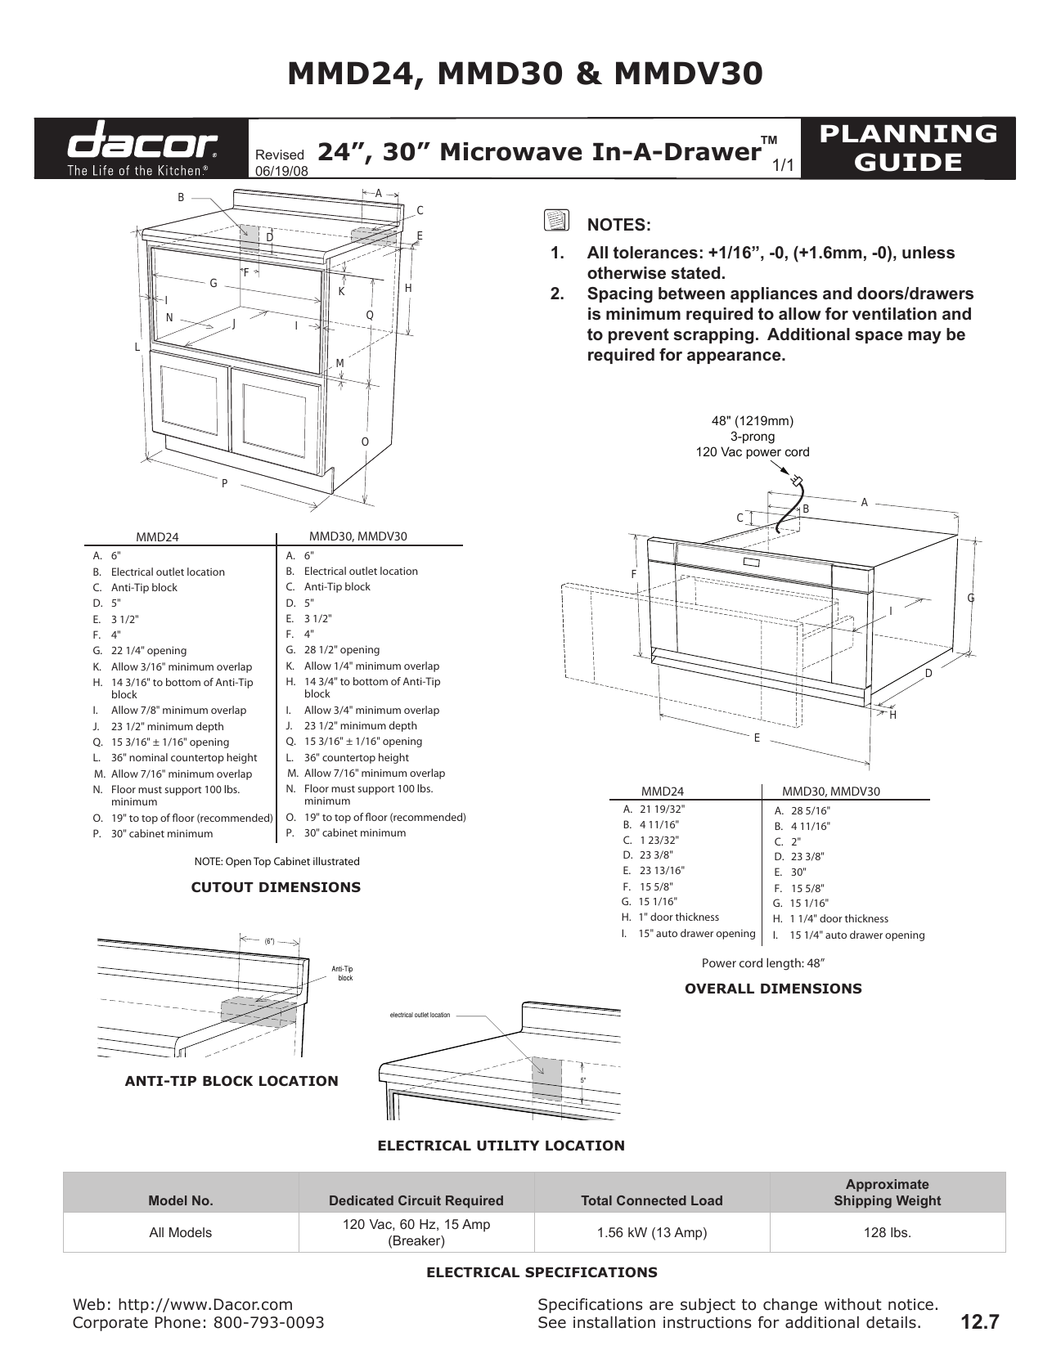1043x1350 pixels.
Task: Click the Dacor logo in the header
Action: tap(141, 148)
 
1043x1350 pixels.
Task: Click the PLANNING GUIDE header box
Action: tap(908, 148)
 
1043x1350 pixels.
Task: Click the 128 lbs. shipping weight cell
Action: tap(887, 1232)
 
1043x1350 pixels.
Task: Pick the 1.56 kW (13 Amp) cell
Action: tap(651, 1232)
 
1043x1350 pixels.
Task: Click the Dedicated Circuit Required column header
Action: tap(416, 1200)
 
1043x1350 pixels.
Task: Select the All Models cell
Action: tap(180, 1232)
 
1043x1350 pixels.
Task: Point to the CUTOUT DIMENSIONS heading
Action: tap(276, 887)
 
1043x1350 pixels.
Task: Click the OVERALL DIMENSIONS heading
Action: tap(773, 989)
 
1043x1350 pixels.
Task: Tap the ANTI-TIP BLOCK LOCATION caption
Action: tap(232, 1081)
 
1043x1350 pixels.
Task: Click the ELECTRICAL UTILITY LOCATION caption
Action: tap(501, 1146)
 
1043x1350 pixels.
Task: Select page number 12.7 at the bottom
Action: tap(980, 1321)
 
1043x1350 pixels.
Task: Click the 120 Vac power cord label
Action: tap(752, 452)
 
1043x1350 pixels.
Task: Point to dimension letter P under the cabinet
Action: tap(224, 484)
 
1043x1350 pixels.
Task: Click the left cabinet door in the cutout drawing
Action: tap(194, 401)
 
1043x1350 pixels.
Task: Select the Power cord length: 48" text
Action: tap(762, 963)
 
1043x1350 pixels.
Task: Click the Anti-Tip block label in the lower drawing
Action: tap(343, 973)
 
